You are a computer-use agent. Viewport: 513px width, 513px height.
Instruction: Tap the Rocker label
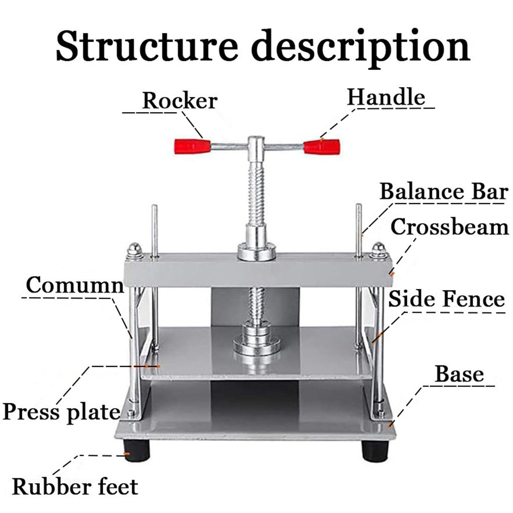180,101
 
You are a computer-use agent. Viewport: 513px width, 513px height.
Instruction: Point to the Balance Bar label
444,192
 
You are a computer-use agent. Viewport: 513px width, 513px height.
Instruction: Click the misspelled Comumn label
75,285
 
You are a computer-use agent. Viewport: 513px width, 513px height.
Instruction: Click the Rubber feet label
75,486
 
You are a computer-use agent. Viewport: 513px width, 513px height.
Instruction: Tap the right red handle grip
322,146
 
